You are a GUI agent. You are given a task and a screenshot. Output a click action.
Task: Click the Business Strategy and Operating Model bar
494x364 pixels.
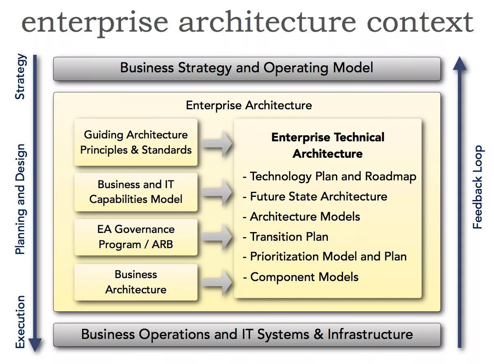[x=247, y=68]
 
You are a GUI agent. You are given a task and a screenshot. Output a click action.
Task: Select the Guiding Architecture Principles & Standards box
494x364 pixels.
[x=136, y=142]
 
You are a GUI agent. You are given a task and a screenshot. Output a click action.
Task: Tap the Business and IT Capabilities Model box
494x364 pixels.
[x=136, y=192]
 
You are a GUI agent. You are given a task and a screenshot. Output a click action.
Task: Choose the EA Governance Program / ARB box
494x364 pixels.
[x=136, y=237]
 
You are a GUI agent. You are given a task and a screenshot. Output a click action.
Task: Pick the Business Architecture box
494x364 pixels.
[x=136, y=282]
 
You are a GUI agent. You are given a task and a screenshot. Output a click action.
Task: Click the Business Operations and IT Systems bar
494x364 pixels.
[x=247, y=334]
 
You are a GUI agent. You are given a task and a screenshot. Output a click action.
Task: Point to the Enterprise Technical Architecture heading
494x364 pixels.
[x=328, y=145]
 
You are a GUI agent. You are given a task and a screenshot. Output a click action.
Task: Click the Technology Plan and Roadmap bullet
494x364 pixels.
[x=329, y=177]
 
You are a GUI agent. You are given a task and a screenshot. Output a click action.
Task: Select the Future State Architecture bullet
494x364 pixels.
[x=315, y=197]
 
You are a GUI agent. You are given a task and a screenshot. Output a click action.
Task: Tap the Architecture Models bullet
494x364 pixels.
[x=301, y=217]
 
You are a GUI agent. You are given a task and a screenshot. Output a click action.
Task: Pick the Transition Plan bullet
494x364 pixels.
[x=286, y=237]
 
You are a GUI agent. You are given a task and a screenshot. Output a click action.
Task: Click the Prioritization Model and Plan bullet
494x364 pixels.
[x=325, y=257]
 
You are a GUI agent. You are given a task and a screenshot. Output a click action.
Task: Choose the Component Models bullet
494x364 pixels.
[x=300, y=277]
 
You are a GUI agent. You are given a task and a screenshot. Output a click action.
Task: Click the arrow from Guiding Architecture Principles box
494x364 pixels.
[x=217, y=143]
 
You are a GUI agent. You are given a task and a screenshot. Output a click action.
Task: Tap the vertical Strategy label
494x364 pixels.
[x=20, y=77]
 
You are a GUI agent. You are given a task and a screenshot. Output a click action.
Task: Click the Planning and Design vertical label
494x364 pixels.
[x=20, y=199]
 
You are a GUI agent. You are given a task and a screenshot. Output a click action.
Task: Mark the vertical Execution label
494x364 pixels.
[x=20, y=322]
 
